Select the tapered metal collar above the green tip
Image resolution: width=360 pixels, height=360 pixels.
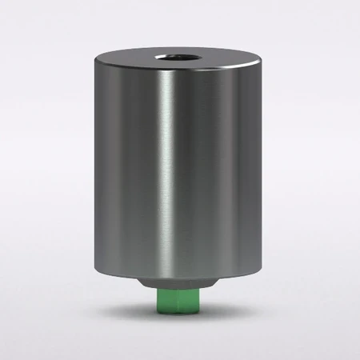coord(178,286)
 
